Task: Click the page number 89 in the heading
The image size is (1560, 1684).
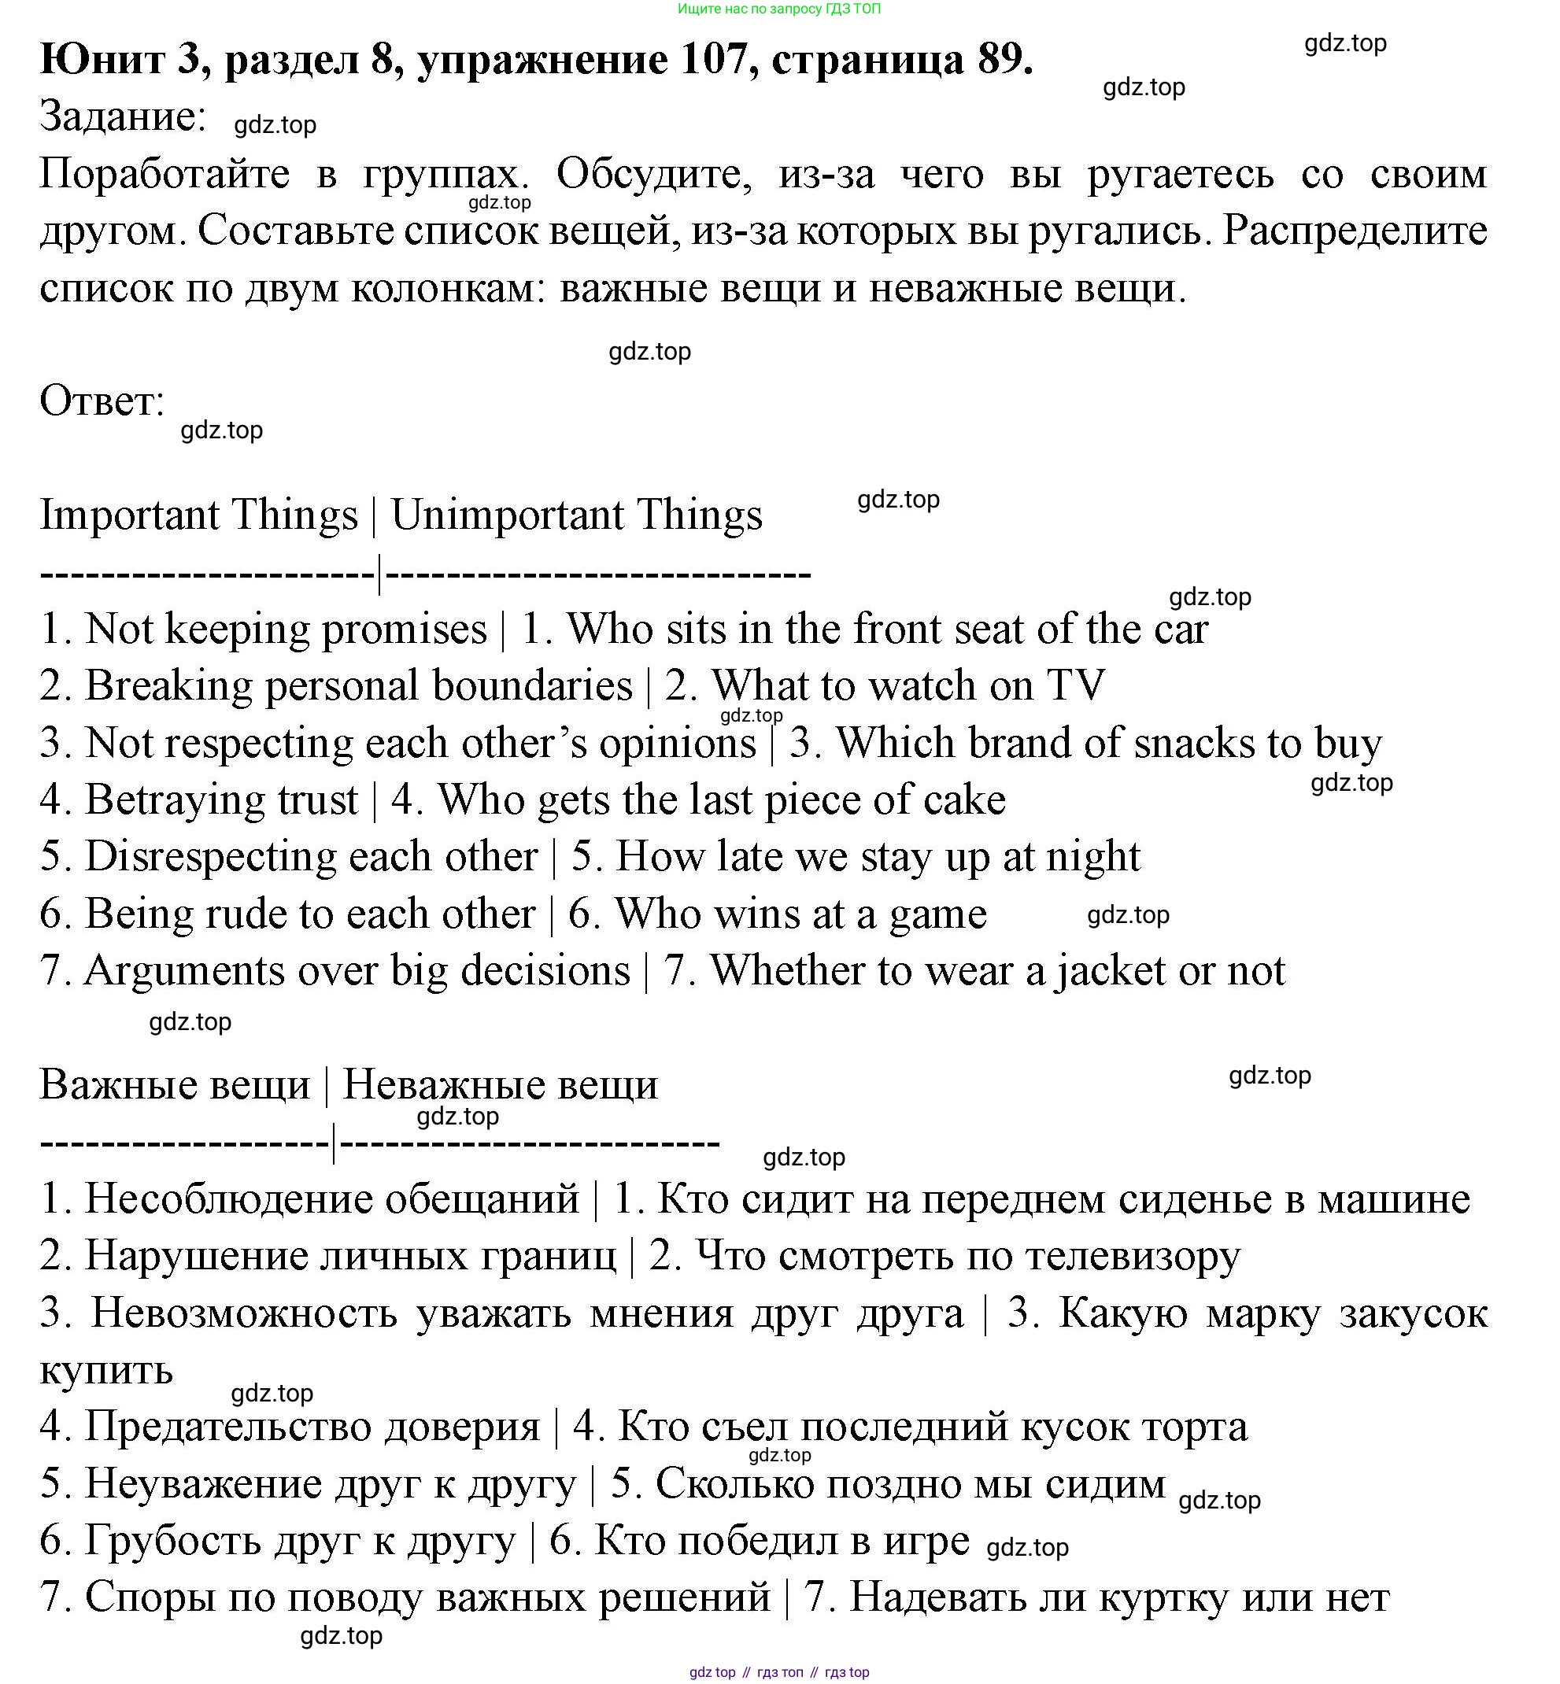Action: tap(1004, 59)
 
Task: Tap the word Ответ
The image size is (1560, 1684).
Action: tap(102, 402)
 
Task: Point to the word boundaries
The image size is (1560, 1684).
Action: tap(532, 686)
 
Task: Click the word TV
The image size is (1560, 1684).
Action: tap(1074, 686)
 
